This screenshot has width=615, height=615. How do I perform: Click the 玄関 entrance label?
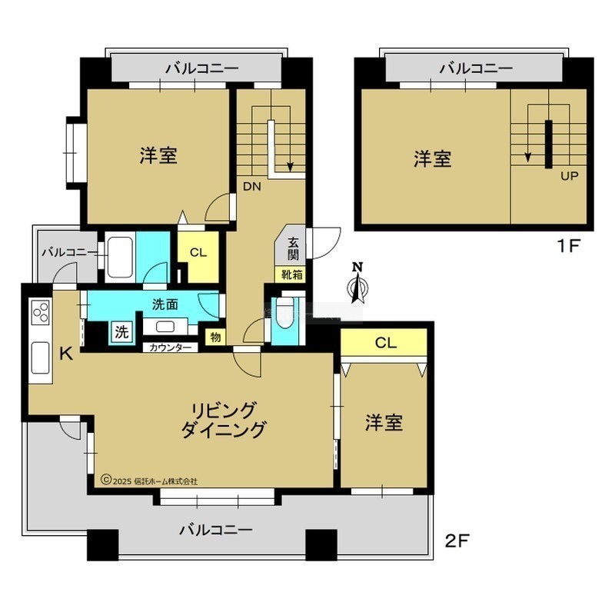tap(293, 248)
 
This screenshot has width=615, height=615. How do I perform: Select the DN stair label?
tap(252, 186)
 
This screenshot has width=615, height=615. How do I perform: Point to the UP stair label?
tap(569, 176)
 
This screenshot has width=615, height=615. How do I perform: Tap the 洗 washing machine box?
tap(121, 332)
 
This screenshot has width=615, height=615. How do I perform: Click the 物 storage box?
tap(215, 337)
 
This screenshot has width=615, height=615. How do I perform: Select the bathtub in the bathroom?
tap(120, 257)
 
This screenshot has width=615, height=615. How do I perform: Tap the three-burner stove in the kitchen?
tap(41, 312)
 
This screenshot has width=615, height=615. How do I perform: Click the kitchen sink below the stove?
tap(41, 357)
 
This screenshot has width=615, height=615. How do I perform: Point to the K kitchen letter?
tap(66, 354)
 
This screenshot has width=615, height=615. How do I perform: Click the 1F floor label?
tap(568, 246)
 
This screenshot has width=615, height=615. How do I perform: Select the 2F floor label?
tap(457, 541)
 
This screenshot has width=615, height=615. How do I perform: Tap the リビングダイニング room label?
tap(223, 420)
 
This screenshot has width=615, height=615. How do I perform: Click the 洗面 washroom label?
tap(165, 304)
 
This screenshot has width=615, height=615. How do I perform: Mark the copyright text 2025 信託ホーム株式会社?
tap(149, 481)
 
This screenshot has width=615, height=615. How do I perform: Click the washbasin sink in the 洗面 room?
tap(165, 326)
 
